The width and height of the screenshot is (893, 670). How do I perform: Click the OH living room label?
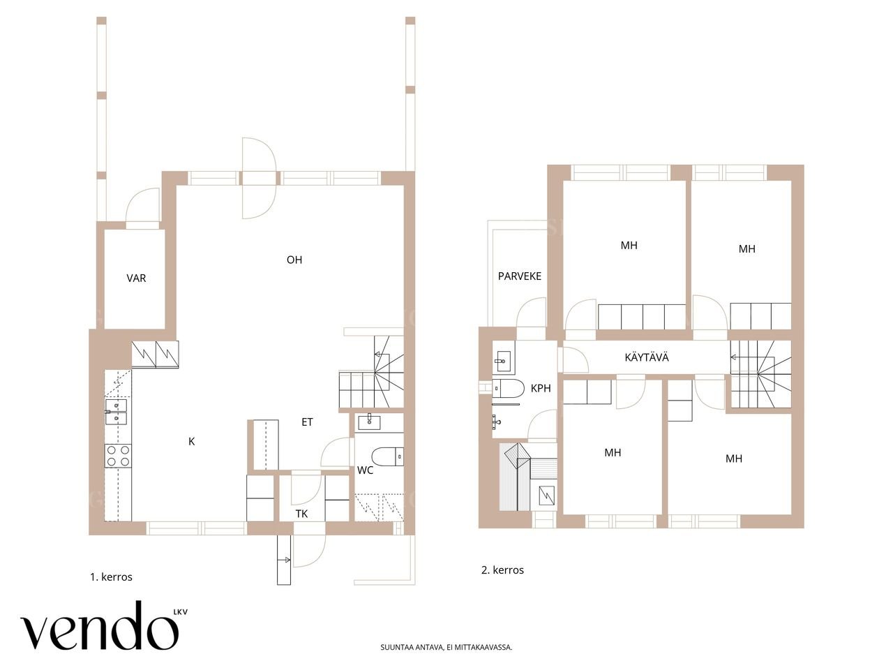[294, 260]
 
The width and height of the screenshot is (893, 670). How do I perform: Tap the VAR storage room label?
[136, 278]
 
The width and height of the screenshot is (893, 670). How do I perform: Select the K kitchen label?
[192, 441]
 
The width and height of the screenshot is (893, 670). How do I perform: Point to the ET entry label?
[307, 422]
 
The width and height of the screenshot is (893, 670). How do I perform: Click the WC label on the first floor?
[365, 470]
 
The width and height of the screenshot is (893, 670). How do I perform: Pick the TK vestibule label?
[301, 514]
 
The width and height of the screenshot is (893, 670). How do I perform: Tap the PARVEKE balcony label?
[520, 276]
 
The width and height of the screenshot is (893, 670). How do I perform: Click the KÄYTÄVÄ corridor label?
[647, 357]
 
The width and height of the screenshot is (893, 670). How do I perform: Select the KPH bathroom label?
[541, 388]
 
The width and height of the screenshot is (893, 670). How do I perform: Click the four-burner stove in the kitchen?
[118, 456]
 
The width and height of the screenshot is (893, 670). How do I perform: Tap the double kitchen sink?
[116, 412]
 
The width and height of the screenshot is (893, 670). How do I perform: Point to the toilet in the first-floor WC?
[387, 456]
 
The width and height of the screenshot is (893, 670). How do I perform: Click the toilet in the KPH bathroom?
[508, 388]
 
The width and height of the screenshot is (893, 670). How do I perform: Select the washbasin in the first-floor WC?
[369, 422]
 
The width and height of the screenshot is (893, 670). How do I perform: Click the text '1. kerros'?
[111, 577]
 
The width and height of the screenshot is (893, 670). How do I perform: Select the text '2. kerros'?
[502, 570]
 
